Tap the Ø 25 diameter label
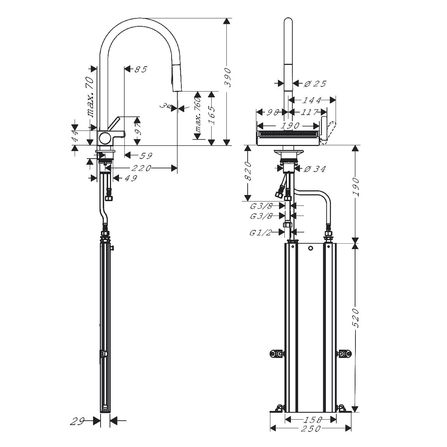[315, 84]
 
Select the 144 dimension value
[311, 100]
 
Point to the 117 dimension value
[309, 112]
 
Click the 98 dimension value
[273, 112]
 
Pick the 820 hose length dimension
[248, 171]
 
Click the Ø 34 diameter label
[315, 169]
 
